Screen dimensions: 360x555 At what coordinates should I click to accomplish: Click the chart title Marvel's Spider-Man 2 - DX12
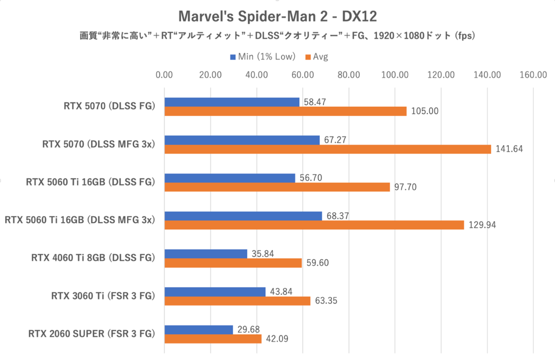(x=277, y=17)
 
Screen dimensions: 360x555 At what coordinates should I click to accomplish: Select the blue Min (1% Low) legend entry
(x=263, y=57)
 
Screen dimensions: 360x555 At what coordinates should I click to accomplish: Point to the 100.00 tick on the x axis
(x=395, y=75)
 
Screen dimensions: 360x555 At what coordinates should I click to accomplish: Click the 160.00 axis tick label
(x=533, y=75)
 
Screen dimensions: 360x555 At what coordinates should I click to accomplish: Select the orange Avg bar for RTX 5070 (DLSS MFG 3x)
(x=327, y=149)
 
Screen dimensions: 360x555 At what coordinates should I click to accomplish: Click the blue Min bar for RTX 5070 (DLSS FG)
(x=232, y=102)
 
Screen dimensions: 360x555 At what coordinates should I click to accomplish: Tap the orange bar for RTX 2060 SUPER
(x=213, y=339)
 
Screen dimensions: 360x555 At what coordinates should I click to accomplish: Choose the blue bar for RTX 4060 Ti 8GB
(x=206, y=254)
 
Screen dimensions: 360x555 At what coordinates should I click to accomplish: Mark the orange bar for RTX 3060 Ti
(x=237, y=301)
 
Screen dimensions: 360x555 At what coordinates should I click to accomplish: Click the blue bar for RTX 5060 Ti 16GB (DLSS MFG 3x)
(x=243, y=216)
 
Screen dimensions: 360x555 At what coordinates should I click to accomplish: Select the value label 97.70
(x=406, y=187)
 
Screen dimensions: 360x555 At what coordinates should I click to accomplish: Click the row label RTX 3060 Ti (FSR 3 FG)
(x=103, y=296)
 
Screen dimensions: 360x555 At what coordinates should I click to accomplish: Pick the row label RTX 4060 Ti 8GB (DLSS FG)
(x=92, y=258)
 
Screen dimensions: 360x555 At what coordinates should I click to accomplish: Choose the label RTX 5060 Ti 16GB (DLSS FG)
(x=90, y=182)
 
